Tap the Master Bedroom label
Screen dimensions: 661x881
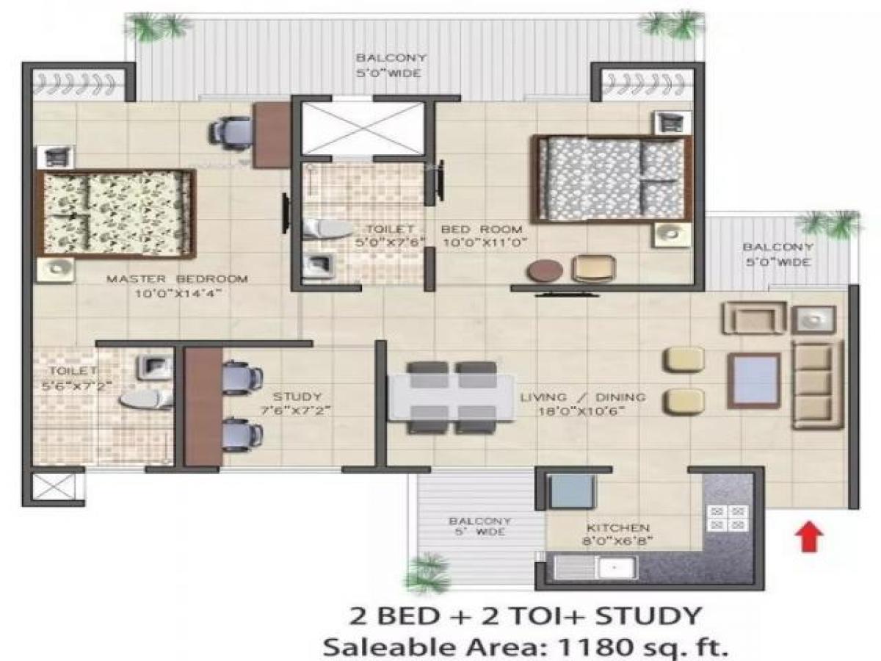177,279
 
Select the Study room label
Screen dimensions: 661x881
297,397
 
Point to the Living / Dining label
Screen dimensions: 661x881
583,397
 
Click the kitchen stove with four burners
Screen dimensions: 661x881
727,518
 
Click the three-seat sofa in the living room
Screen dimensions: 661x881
815,383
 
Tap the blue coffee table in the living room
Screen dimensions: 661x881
754,380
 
